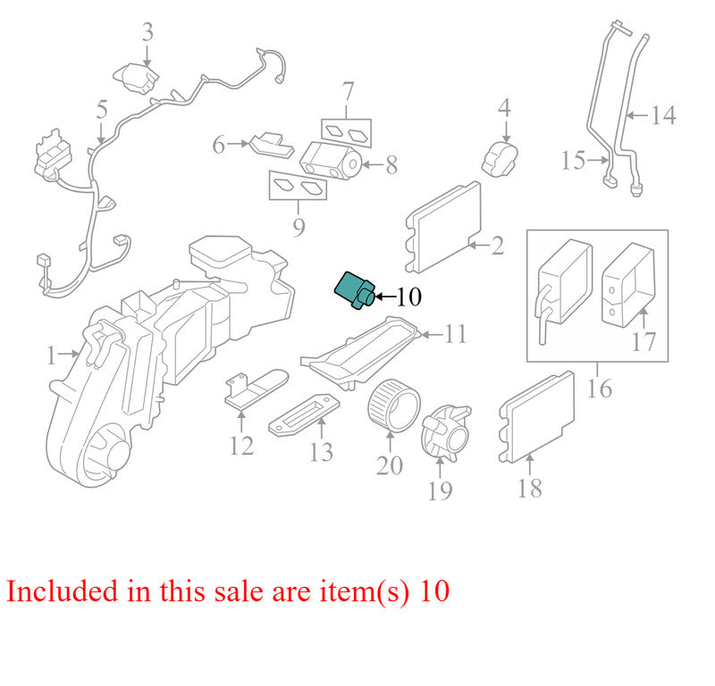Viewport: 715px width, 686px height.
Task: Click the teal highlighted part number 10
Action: coord(355,291)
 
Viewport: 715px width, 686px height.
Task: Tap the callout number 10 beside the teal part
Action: coord(409,297)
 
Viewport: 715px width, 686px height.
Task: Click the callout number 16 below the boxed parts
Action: coord(599,389)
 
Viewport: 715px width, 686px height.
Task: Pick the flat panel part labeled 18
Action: coord(537,417)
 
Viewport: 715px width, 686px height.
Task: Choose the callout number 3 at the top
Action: coord(147,32)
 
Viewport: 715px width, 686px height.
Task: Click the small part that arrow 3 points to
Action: coord(137,79)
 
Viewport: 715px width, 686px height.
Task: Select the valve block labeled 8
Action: coord(331,161)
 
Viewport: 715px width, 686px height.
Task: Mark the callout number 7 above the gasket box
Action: coord(348,92)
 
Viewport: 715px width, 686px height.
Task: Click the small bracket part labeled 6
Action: coord(272,145)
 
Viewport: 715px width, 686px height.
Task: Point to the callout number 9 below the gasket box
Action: coord(299,227)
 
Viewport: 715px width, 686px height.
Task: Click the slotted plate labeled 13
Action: coord(304,414)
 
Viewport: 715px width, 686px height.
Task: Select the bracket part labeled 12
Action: coord(257,389)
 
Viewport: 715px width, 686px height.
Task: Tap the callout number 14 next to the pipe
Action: coord(662,115)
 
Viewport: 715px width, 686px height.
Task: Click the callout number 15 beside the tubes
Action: coord(573,161)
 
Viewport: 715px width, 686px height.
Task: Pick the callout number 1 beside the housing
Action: coord(52,356)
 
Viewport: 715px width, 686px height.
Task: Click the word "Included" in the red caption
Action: coord(62,590)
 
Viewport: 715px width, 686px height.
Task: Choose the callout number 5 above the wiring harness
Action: coord(102,109)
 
